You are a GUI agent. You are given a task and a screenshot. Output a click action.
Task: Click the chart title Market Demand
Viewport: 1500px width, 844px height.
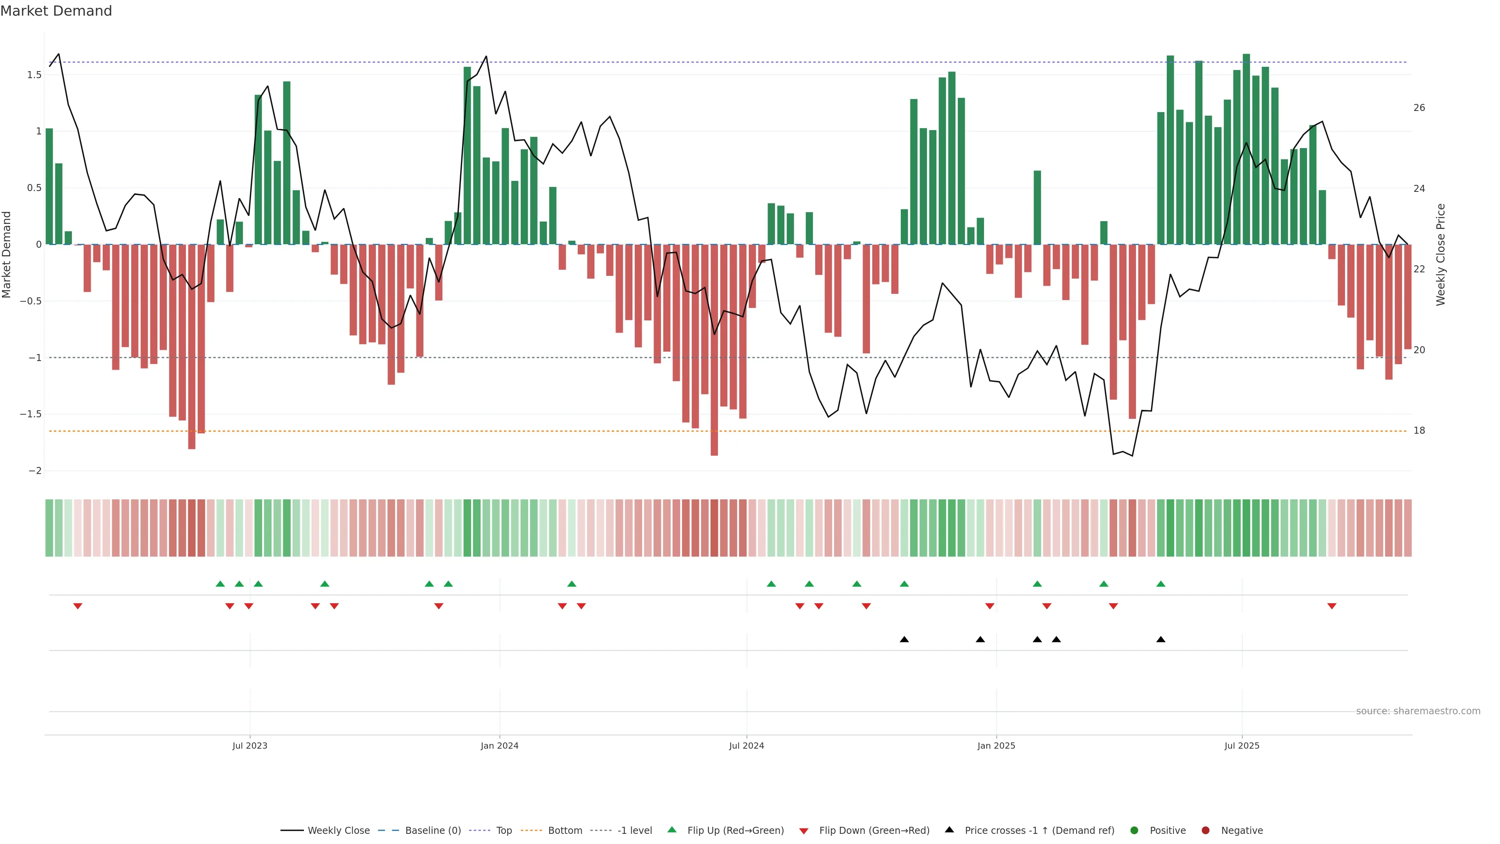coord(56,11)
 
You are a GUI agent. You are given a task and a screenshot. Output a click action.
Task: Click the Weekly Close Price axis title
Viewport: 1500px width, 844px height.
coord(1441,254)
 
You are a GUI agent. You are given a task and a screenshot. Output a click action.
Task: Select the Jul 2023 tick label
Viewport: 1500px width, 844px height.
coord(250,746)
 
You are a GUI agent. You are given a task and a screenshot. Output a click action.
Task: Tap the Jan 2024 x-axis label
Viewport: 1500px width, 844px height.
coord(499,746)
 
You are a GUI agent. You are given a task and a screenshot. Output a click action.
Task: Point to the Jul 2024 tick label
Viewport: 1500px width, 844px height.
coord(746,746)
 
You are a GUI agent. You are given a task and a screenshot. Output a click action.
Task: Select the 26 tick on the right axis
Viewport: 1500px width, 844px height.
coord(1419,108)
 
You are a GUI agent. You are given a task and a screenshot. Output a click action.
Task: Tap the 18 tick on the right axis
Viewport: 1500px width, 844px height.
coord(1419,431)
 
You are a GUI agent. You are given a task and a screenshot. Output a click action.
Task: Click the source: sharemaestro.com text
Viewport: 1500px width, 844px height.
coord(1418,711)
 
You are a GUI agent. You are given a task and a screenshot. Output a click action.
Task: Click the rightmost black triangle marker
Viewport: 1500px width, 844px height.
coord(1161,640)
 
